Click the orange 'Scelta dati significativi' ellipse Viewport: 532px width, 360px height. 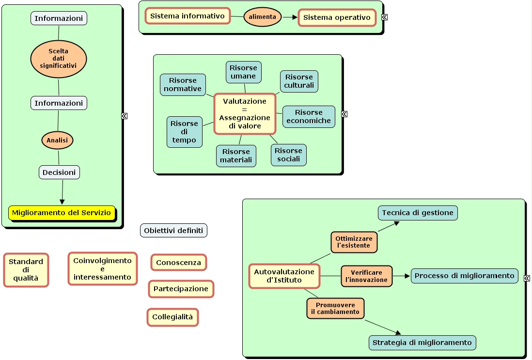59,59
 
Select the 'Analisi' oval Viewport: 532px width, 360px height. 57,140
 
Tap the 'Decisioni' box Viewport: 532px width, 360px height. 59,172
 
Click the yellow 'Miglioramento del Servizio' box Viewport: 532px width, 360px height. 62,213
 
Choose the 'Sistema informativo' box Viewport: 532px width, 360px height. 188,16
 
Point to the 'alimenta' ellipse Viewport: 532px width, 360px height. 263,17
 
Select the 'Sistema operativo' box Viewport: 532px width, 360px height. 337,18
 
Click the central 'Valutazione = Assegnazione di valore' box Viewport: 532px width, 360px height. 245,113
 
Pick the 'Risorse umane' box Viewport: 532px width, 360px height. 243,72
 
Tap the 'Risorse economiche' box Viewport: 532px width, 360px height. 309,117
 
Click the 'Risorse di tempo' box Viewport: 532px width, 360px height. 184,132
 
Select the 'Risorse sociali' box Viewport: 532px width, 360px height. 289,155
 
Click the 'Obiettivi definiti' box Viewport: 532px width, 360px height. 173,231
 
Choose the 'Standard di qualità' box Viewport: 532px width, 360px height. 26,270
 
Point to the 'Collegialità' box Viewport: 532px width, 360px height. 172,317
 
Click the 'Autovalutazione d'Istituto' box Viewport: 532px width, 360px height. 284,276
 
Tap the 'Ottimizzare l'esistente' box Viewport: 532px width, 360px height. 354,242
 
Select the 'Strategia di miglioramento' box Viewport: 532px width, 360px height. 422,343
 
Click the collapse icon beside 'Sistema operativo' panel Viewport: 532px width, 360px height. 384,17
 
